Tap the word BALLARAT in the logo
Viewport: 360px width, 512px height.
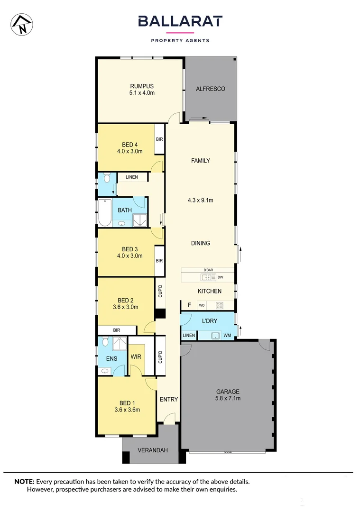pos(180,21)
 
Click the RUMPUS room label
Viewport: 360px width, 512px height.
pos(142,86)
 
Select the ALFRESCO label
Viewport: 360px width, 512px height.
pos(210,89)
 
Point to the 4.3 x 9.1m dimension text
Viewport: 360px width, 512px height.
pos(200,200)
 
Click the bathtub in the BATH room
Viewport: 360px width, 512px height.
pos(104,212)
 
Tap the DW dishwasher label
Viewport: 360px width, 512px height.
pos(220,277)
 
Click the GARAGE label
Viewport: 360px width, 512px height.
pos(228,392)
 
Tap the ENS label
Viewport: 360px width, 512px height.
pos(111,358)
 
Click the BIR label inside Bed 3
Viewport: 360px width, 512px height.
pos(159,261)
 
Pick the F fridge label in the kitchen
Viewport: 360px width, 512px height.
pos(189,305)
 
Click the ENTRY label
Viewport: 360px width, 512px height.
pos(168,399)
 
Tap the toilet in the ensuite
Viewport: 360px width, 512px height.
pos(105,342)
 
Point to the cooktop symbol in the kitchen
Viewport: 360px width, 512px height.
pos(219,305)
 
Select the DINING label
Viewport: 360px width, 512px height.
pos(200,243)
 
